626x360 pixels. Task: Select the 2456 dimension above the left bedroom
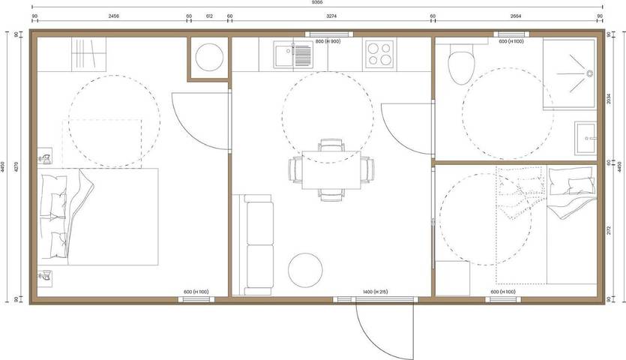[114, 15]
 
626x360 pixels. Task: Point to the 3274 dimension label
[331, 15]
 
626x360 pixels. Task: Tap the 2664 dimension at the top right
[517, 15]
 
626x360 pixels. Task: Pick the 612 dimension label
[208, 15]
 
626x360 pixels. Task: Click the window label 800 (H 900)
[328, 41]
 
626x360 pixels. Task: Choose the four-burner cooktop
[379, 55]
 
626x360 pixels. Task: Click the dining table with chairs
[331, 170]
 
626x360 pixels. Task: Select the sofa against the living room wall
[257, 244]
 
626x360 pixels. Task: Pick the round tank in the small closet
[208, 57]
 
